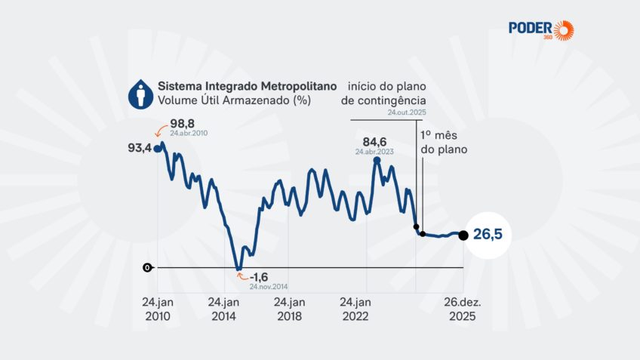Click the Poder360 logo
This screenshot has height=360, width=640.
[x=540, y=29]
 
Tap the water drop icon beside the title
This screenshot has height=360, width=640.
[x=139, y=93]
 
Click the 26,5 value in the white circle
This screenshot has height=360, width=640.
[x=487, y=235]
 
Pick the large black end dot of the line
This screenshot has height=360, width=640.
[x=463, y=235]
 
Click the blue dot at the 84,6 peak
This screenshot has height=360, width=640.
[x=377, y=160]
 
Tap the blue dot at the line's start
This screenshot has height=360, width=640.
[x=158, y=148]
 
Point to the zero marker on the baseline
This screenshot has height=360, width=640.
[x=146, y=267]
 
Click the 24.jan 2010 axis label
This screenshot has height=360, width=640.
[x=158, y=309]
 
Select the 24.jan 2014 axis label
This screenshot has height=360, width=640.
[x=224, y=309]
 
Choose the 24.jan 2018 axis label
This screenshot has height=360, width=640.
[x=290, y=309]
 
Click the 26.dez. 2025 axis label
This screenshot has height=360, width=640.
[x=462, y=309]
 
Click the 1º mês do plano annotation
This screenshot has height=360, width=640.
[x=444, y=142]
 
